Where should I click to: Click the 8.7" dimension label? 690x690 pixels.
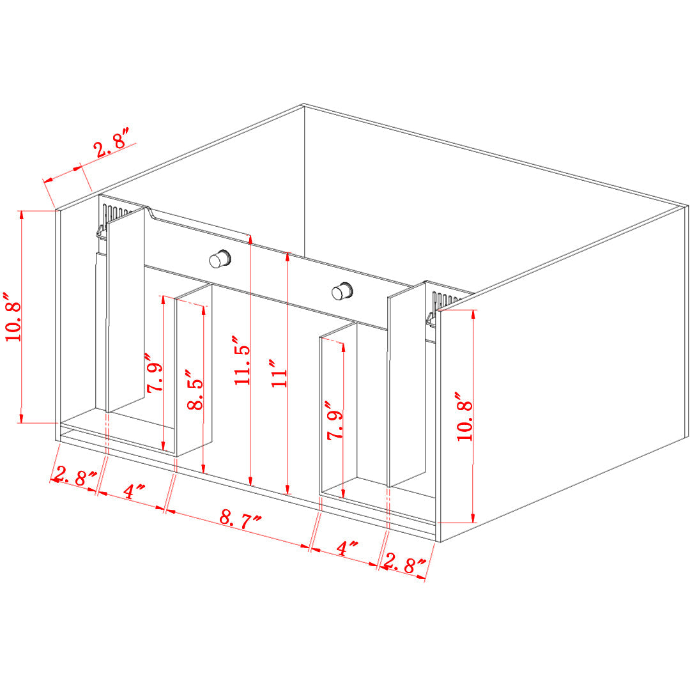240,519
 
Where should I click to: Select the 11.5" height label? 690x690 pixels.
242,360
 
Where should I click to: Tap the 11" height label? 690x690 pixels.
279,373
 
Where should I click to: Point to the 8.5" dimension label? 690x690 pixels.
195,390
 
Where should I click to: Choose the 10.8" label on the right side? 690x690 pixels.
464,416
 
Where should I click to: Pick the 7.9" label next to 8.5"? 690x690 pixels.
155,372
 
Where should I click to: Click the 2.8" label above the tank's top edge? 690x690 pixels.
112,142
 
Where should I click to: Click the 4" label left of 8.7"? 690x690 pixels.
134,491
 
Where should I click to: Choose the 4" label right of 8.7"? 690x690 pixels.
347,548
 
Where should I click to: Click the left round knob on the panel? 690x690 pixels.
220,259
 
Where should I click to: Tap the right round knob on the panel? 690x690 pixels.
342,291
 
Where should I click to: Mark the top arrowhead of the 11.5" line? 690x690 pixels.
250,239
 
